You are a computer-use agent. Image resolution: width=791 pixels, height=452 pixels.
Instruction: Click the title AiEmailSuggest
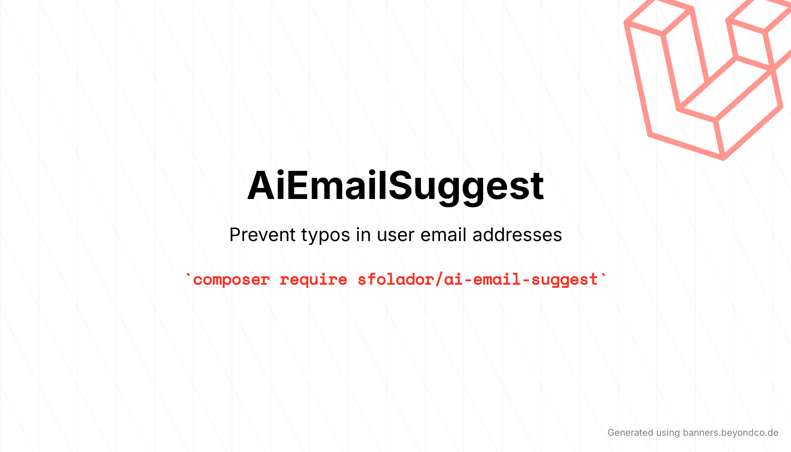pyautogui.click(x=395, y=186)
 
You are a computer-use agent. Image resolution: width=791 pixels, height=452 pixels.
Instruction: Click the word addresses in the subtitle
pyautogui.click(x=517, y=234)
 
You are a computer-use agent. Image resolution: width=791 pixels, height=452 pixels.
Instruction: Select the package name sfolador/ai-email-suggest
pyautogui.click(x=478, y=279)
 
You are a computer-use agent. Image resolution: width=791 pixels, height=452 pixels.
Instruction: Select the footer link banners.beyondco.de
pyautogui.click(x=731, y=433)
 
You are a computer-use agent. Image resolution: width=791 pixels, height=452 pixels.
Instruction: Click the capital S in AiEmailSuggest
pyautogui.click(x=402, y=186)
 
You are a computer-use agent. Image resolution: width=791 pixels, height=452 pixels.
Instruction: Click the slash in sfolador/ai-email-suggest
pyautogui.click(x=439, y=280)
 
